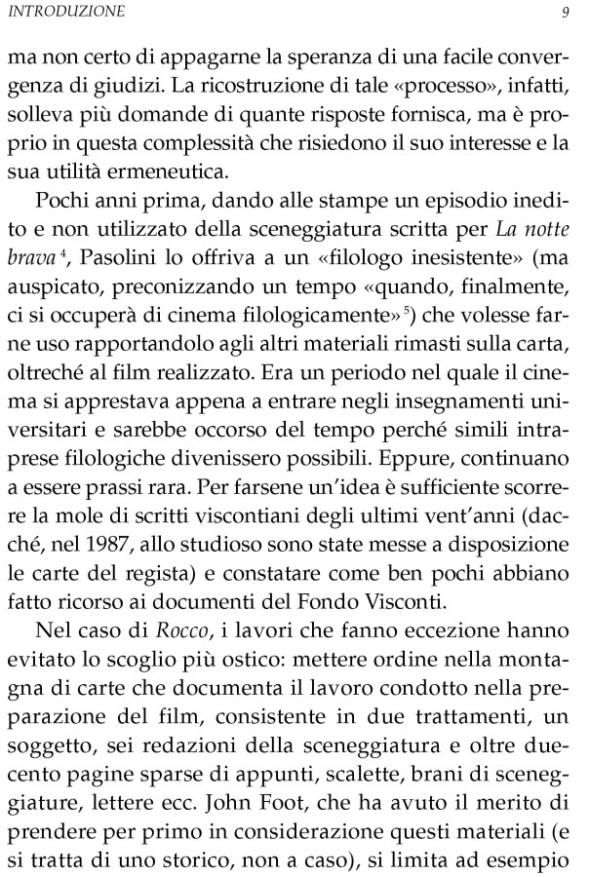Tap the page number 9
pyautogui.click(x=566, y=13)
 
